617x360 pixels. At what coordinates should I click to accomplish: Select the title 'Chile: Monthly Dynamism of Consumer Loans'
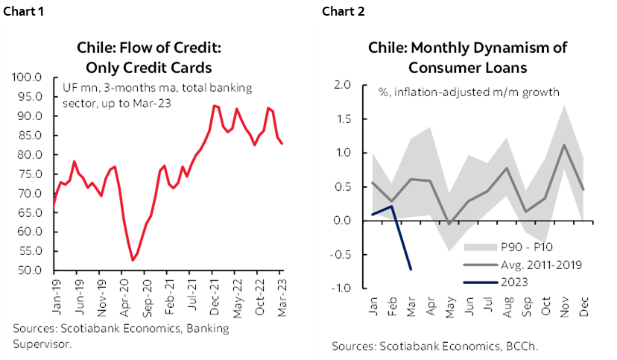pos(467,57)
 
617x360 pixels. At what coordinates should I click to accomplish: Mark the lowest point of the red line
pos(133,260)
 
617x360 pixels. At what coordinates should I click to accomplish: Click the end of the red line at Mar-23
pos(282,144)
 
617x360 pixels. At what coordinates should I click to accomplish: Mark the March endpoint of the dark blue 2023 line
pos(411,269)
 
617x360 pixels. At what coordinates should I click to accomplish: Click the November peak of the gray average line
pos(564,145)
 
